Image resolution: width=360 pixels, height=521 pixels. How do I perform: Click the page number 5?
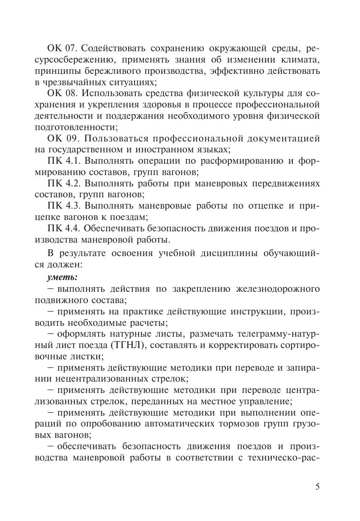(317, 487)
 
